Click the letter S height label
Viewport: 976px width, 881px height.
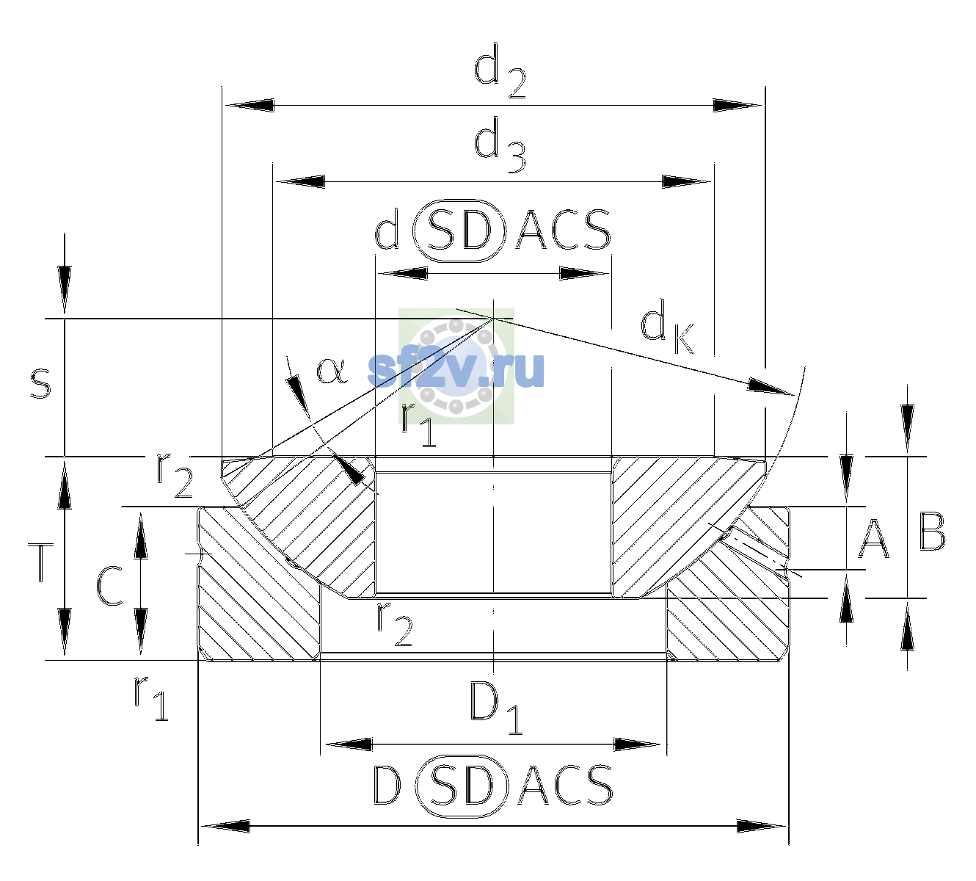[x=40, y=383]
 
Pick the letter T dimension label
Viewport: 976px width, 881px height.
[x=41, y=562]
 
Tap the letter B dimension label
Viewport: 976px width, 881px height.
[x=932, y=532]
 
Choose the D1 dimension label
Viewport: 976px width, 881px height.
[x=496, y=708]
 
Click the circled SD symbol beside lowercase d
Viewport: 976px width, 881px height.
[x=459, y=231]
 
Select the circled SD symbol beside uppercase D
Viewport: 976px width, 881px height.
[x=462, y=786]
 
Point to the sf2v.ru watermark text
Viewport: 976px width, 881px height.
[x=456, y=369]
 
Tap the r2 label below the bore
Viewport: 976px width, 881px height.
[x=395, y=626]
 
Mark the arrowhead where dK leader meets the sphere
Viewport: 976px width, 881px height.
[x=770, y=386]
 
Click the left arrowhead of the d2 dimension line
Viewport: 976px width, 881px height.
[x=250, y=105]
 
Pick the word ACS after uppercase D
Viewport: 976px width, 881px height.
[x=565, y=786]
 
